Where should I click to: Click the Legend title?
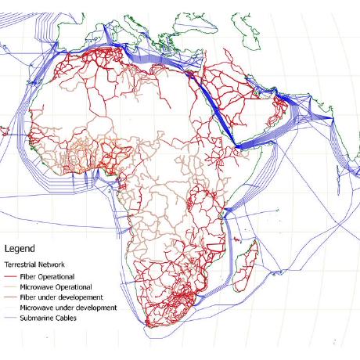coord(20,249)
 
